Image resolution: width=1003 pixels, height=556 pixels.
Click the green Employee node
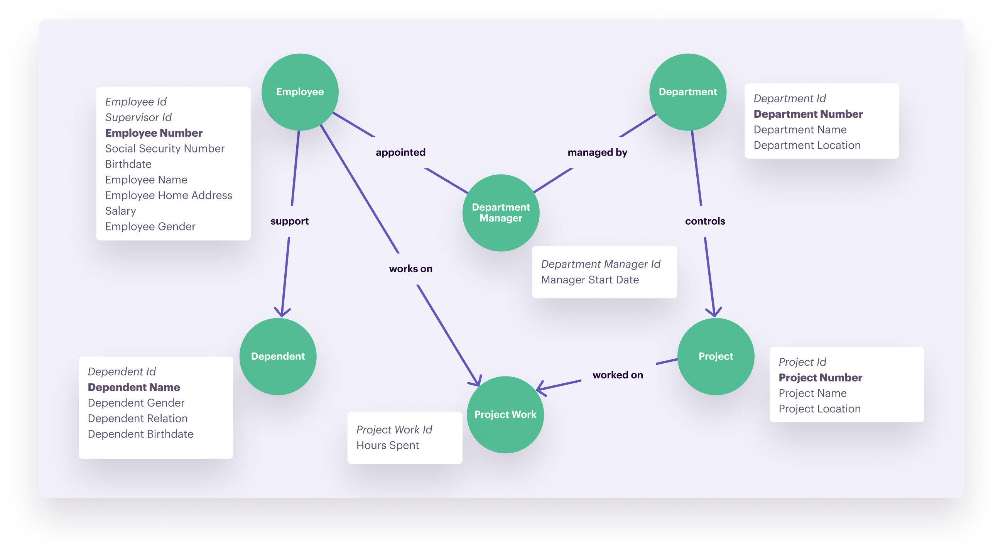[300, 92]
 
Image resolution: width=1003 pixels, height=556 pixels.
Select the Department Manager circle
[501, 213]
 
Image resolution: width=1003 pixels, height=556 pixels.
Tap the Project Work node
[505, 415]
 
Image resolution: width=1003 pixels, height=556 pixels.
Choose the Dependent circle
[278, 356]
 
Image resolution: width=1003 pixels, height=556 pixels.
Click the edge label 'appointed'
[400, 153]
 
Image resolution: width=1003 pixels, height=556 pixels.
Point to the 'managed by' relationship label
[597, 153]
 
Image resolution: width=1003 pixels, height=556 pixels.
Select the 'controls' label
[705, 221]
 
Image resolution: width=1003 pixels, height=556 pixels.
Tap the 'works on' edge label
[410, 269]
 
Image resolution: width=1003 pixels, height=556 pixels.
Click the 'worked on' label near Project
[618, 375]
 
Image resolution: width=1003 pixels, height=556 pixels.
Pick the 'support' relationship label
[289, 221]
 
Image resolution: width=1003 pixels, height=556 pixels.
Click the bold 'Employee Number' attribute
[154, 133]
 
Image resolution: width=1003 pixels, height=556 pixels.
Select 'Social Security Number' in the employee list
[165, 149]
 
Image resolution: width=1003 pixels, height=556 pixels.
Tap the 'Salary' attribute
[121, 211]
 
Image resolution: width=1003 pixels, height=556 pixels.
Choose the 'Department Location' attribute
[807, 146]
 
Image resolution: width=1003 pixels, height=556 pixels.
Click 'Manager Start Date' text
[590, 280]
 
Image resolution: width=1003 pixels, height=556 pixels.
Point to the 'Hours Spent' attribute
[387, 446]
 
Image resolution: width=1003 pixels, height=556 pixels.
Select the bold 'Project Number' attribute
[821, 378]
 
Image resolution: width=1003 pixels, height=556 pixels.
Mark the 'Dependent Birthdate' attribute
[140, 434]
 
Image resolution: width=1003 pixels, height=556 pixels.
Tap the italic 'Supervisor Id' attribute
[138, 118]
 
